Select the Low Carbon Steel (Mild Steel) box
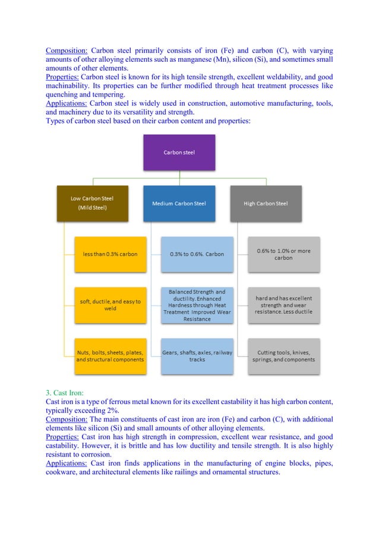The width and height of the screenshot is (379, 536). pyautogui.click(x=92, y=203)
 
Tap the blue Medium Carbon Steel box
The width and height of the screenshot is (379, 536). pyautogui.click(x=179, y=203)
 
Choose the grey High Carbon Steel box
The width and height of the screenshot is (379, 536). pyautogui.click(x=266, y=203)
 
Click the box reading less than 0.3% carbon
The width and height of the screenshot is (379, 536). pyautogui.click(x=110, y=254)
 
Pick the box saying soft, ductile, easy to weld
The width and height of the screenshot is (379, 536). pyautogui.click(x=110, y=305)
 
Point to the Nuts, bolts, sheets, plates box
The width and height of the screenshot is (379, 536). pyautogui.click(x=110, y=356)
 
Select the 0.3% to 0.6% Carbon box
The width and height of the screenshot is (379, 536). pyautogui.click(x=197, y=254)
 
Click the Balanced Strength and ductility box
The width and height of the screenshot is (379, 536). pyautogui.click(x=197, y=305)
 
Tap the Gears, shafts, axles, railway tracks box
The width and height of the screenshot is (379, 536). pyautogui.click(x=197, y=356)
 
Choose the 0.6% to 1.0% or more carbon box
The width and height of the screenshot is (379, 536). pyautogui.click(x=284, y=254)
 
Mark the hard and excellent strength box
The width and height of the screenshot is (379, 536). pyautogui.click(x=284, y=305)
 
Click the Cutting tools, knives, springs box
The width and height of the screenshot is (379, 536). pyautogui.click(x=284, y=356)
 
